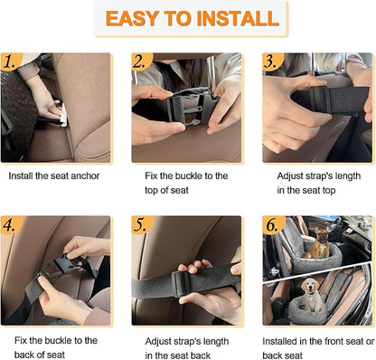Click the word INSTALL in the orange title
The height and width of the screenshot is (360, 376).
[238, 18]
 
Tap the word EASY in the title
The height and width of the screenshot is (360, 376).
[131, 18]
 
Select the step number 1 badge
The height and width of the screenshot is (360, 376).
[10, 62]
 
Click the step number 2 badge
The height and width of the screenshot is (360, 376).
[141, 62]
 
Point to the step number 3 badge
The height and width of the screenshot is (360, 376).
[271, 62]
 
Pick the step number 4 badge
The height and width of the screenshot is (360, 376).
[10, 224]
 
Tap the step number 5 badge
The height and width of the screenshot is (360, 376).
[141, 224]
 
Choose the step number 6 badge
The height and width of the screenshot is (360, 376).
[272, 224]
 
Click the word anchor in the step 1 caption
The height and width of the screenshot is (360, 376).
[84, 175]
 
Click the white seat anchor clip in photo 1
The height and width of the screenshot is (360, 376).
[63, 116]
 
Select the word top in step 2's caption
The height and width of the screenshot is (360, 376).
[152, 191]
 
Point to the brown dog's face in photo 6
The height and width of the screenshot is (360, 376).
[322, 236]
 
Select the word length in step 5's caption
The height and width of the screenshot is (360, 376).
[216, 342]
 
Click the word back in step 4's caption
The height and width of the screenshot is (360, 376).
[23, 355]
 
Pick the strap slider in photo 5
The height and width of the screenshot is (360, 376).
[180, 283]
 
